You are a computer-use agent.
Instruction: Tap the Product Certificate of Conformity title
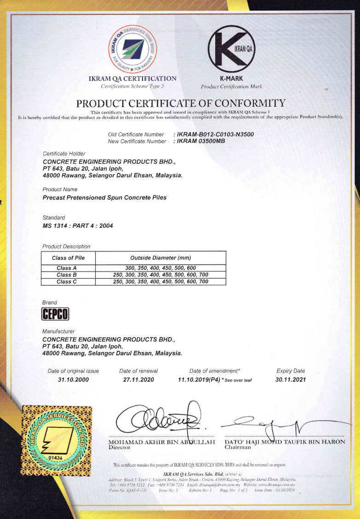point(181,103)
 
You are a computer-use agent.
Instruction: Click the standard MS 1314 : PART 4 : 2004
point(77,226)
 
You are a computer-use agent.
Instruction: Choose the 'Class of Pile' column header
point(68,258)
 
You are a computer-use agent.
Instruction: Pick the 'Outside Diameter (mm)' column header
point(160,258)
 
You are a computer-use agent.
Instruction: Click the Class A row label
point(64,268)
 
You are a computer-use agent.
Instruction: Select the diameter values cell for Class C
point(160,281)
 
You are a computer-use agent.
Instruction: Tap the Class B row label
point(64,275)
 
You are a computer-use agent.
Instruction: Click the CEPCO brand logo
point(55,314)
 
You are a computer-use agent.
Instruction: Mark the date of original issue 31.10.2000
point(73,380)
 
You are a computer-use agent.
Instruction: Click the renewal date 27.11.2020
point(138,380)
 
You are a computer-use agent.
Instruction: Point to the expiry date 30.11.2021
point(291,380)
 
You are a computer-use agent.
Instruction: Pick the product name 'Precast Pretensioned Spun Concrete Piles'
point(104,198)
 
